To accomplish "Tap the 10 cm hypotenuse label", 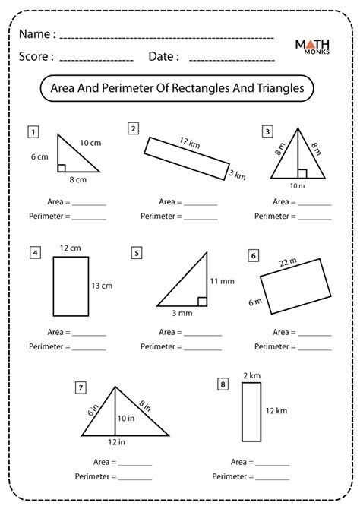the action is (x=90, y=143).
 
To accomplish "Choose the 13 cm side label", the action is (x=101, y=286).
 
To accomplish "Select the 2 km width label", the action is (x=251, y=375).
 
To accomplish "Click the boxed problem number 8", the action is (x=223, y=385).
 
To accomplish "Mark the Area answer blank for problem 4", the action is (x=89, y=332).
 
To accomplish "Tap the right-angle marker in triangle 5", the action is (x=204, y=302).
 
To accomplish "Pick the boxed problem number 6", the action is (x=253, y=256).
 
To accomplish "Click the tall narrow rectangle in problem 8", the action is (x=251, y=412).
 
